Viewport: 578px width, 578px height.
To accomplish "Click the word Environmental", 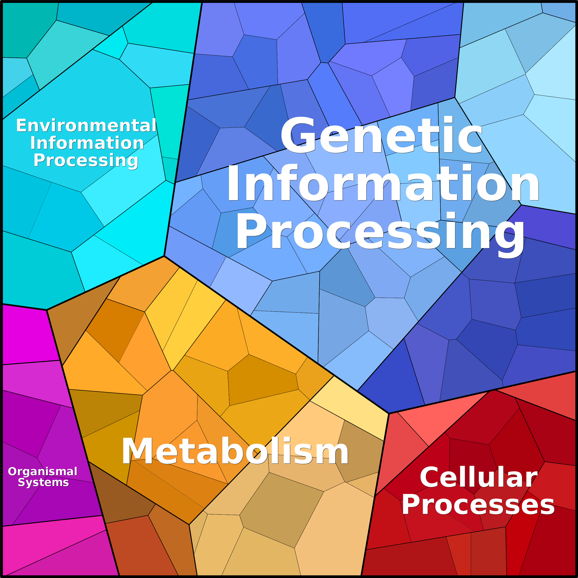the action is [86, 125].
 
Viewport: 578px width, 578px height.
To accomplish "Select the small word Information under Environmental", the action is [87, 143].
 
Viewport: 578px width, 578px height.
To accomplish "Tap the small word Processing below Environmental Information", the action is [86, 161].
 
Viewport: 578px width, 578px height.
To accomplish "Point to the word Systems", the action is [43, 483].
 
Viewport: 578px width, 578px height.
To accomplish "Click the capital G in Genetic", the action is [298, 135].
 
